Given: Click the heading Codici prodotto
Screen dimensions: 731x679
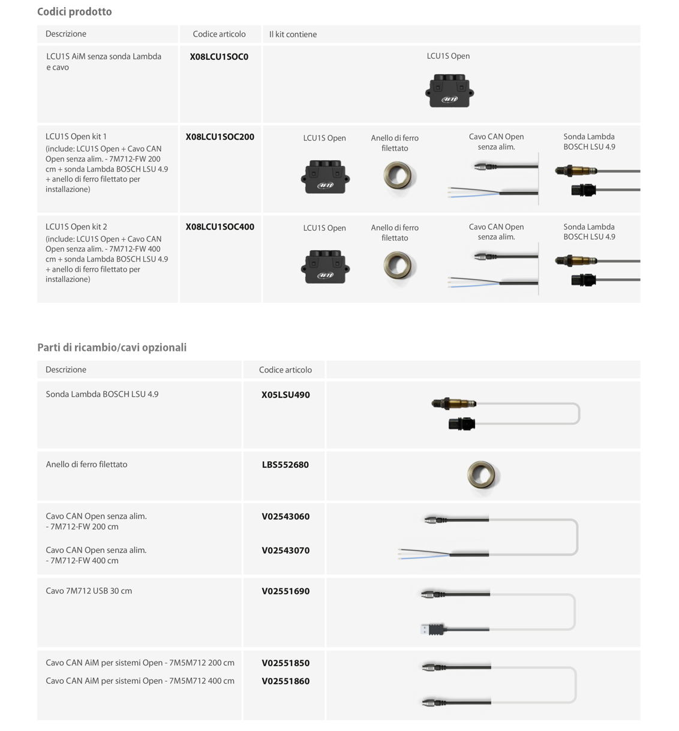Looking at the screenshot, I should (74, 12).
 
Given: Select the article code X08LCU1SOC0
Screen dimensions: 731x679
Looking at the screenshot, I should (219, 57).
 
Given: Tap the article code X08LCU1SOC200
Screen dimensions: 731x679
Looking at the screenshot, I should (220, 137).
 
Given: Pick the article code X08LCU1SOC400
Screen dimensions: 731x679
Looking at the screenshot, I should (220, 227).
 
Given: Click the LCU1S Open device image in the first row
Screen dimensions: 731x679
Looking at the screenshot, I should (449, 91).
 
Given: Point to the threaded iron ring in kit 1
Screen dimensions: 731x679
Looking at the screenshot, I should (399, 176).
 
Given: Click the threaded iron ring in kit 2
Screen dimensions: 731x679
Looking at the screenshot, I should (399, 266).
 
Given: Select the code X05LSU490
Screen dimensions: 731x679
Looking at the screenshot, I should (286, 395).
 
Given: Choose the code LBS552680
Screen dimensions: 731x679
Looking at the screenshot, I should (286, 465).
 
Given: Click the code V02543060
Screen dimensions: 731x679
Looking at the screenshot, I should (286, 516).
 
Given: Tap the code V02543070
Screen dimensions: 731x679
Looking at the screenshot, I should (286, 550).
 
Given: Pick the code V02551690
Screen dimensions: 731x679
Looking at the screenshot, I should (286, 591).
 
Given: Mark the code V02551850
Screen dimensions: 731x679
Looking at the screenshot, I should (286, 663).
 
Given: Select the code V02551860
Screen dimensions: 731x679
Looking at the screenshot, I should (286, 681).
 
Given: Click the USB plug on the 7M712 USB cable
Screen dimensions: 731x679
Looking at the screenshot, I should (431, 629).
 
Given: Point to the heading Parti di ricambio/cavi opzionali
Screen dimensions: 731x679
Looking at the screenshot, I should (112, 348).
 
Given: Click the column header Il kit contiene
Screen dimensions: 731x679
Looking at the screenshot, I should (293, 35).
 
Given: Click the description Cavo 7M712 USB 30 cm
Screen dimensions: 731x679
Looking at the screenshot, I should (89, 591).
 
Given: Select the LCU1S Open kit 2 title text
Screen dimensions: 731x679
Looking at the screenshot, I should (76, 227).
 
